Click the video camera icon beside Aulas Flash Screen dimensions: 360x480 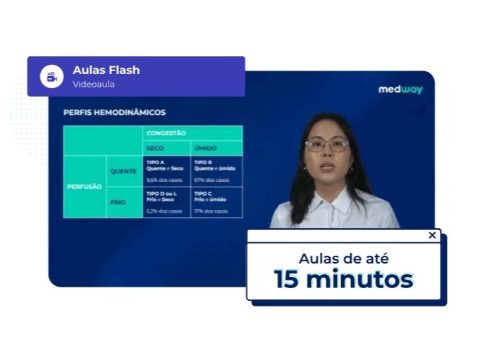coord(51,76)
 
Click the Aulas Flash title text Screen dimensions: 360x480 coord(106,70)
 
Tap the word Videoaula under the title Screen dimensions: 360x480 coord(93,85)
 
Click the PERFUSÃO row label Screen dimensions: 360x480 coord(85,187)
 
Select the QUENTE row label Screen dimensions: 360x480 coord(123,171)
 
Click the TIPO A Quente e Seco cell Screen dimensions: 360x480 coord(166,171)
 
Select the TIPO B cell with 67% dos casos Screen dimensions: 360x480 coord(216,171)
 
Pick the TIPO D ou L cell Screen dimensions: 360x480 coord(166,201)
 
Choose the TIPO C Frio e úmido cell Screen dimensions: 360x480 coord(216,201)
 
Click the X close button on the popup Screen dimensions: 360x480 coord(432,235)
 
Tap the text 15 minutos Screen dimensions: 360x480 coord(343,279)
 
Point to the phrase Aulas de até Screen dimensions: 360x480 coord(343,258)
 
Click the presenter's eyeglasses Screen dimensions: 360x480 coord(327,145)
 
